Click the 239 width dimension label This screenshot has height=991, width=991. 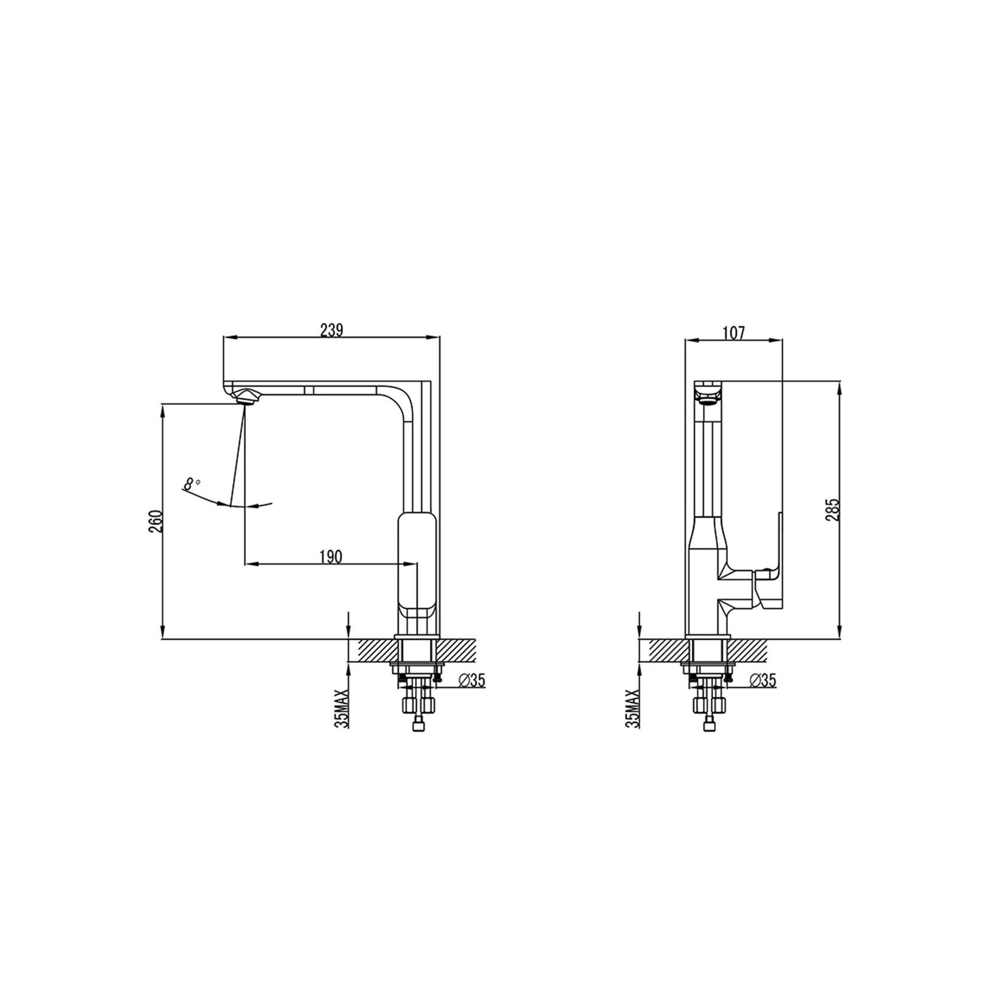point(332,329)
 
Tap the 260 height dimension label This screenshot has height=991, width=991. point(156,521)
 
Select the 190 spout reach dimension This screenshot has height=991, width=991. point(331,556)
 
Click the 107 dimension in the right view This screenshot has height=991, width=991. point(734,332)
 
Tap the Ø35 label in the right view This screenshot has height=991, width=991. point(763,681)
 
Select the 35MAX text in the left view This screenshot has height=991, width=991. point(342,708)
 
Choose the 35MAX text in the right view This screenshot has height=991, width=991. point(633,708)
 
